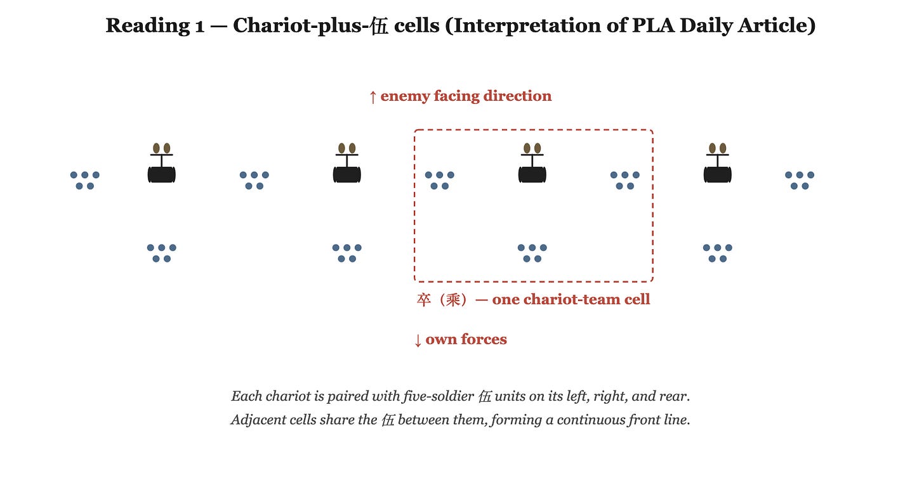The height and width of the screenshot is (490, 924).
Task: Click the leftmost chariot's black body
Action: (x=162, y=175)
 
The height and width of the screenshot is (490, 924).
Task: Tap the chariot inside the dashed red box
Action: (x=532, y=163)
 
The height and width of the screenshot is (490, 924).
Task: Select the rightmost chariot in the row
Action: (x=717, y=163)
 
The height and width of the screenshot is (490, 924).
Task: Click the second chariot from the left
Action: (x=347, y=163)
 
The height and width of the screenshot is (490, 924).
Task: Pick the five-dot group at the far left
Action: (x=85, y=181)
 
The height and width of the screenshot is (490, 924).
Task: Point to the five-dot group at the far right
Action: (x=800, y=181)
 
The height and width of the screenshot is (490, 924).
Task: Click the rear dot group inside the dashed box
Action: (x=532, y=253)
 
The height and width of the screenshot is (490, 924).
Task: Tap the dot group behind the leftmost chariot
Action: (x=162, y=253)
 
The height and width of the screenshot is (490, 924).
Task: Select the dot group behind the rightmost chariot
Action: (x=717, y=253)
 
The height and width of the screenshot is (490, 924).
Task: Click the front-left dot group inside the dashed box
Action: (x=440, y=181)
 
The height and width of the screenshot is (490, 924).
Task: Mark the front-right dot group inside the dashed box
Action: (x=625, y=181)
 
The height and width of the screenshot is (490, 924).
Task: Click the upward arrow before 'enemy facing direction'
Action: (x=373, y=97)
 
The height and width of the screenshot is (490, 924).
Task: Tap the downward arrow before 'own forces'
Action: (x=418, y=340)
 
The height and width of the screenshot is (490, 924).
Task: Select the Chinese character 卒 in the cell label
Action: (x=424, y=300)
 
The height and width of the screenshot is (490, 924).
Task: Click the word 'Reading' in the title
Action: (x=148, y=26)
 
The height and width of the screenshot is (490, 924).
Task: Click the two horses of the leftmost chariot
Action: (x=162, y=148)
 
